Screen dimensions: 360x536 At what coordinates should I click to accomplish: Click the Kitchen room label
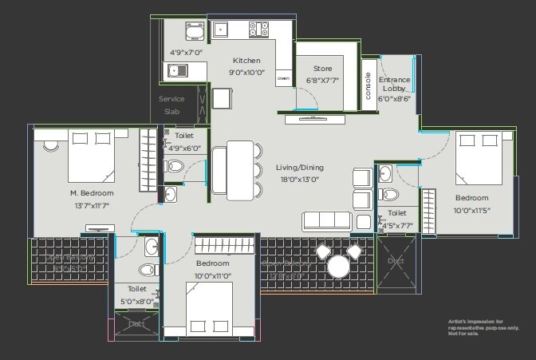click(246, 61)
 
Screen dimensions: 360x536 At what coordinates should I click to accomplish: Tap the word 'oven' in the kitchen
click(282, 79)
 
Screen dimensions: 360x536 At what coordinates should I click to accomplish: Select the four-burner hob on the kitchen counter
click(259, 30)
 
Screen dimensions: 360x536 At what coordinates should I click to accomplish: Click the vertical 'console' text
click(368, 85)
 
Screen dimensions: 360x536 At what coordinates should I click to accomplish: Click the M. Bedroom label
click(92, 193)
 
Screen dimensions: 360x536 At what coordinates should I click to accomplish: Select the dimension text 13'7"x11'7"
click(93, 205)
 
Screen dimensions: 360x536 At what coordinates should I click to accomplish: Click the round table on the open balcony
click(337, 264)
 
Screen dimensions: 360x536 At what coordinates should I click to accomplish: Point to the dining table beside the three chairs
click(238, 169)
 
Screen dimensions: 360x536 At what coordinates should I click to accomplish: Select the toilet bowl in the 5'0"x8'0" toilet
click(148, 269)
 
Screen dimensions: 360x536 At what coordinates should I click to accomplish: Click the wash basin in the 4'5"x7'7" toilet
click(386, 172)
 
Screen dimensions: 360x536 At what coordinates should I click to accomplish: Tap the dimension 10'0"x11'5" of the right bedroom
click(472, 211)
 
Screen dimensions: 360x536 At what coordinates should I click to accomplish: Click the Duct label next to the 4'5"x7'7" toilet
click(396, 261)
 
